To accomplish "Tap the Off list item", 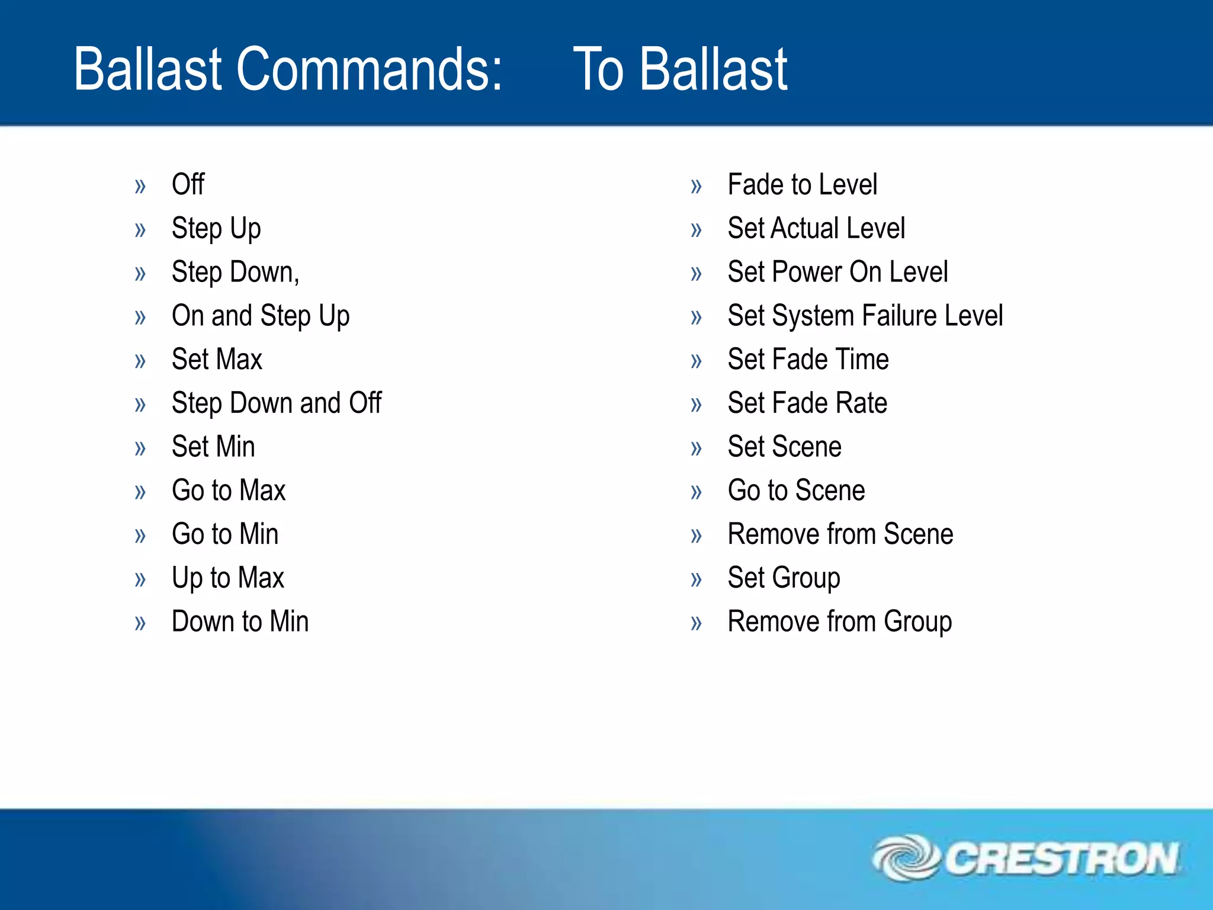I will (x=188, y=184).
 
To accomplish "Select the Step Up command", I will (x=216, y=229).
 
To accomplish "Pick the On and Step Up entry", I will (x=261, y=316).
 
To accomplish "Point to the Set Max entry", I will (x=217, y=360).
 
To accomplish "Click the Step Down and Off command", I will (x=277, y=403).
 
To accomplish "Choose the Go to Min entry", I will (x=225, y=534).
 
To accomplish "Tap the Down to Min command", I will (x=240, y=621).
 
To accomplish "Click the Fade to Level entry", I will (x=802, y=184).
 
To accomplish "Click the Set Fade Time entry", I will (x=808, y=360).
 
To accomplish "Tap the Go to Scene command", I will (x=796, y=491).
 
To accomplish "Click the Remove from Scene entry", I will (x=840, y=534).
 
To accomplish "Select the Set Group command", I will (x=784, y=578).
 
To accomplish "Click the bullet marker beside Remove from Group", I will (x=696, y=623).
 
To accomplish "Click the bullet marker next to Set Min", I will (x=140, y=448).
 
